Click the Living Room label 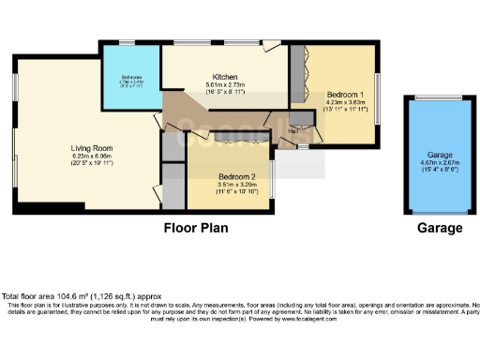point(91,147)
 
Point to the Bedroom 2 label point(231,176)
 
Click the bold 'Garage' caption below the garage point(440,228)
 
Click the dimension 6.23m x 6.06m point(91,157)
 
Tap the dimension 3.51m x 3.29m point(231,186)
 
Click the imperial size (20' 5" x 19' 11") point(91,164)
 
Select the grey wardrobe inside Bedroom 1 point(296,70)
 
